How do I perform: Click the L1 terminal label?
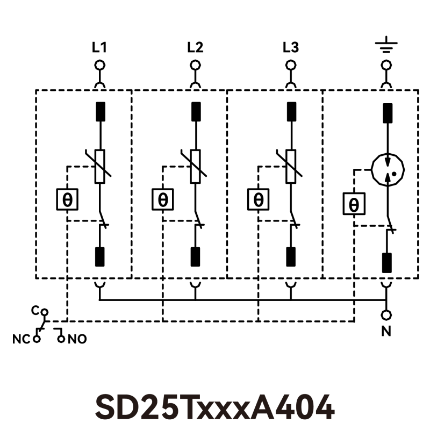(99, 48)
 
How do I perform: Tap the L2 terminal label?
(195, 48)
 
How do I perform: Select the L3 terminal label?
(291, 48)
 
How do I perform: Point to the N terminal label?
(386, 332)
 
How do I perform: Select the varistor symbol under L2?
(196, 166)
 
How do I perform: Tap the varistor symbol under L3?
(291, 166)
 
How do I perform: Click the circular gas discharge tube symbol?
(387, 170)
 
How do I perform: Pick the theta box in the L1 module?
(68, 200)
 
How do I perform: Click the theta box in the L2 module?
(163, 200)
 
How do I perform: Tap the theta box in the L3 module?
(259, 200)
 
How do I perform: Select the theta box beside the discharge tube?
(354, 204)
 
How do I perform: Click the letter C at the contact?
(35, 311)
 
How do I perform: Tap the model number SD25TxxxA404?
(215, 407)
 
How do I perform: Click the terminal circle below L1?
(99, 66)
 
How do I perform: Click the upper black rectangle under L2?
(196, 111)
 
